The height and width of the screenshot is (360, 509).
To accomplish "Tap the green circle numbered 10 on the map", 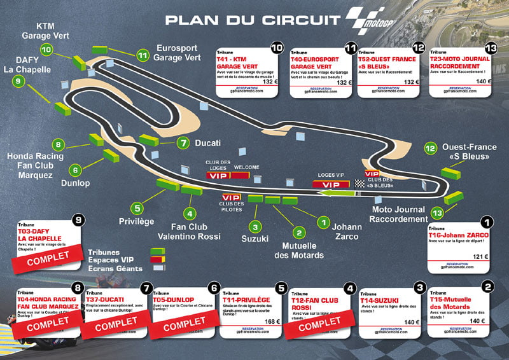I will click(46, 49).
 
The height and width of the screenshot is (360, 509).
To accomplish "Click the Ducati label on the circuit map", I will click(208, 142).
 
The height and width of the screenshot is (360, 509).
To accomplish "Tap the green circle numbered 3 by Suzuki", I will click(255, 227).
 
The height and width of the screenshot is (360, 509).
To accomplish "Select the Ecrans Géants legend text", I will click(113, 268).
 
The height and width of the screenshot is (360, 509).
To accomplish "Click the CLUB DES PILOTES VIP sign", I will click(232, 198).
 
